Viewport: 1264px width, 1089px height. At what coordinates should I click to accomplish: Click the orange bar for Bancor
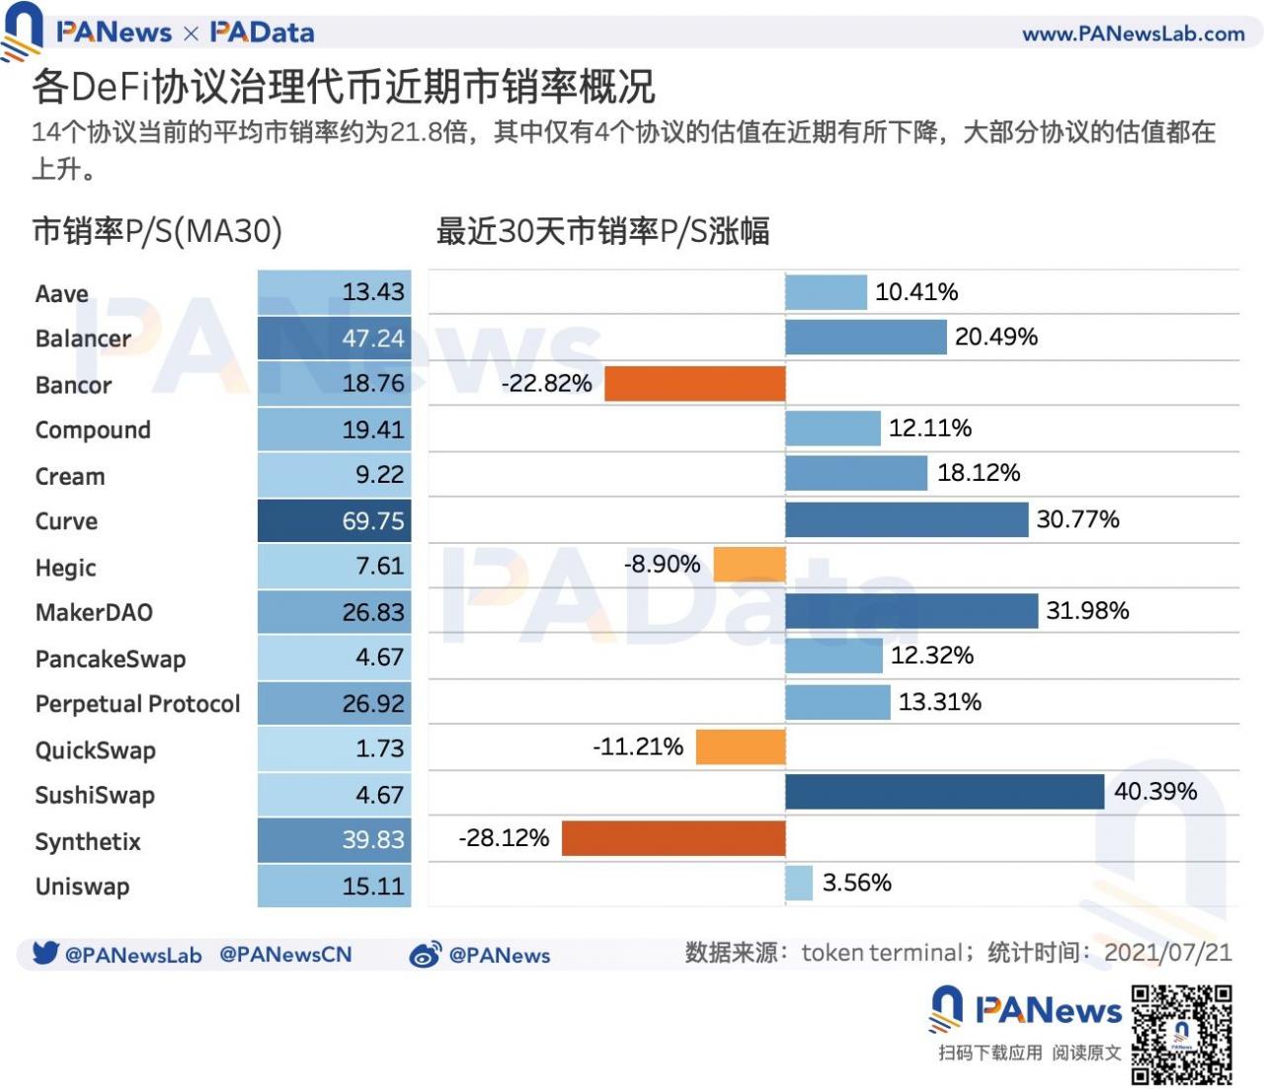click(694, 383)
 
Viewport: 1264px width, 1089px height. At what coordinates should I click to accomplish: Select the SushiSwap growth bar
click(944, 792)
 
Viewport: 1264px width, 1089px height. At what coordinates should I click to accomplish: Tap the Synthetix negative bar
click(673, 838)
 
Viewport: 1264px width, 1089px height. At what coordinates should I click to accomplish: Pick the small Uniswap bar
click(799, 883)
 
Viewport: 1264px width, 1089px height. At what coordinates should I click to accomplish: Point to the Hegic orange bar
click(750, 565)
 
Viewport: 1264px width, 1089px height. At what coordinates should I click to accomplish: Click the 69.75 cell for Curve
click(335, 520)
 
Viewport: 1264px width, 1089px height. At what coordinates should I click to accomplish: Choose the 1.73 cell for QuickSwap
click(335, 748)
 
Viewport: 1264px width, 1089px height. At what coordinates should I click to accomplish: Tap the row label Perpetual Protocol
click(137, 704)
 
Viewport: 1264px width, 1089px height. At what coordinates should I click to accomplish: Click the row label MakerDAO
click(94, 612)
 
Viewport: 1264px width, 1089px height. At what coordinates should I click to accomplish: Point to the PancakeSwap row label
click(110, 659)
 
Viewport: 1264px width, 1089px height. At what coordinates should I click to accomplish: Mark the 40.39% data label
click(1155, 792)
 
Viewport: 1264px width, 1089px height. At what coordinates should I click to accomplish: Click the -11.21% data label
click(638, 746)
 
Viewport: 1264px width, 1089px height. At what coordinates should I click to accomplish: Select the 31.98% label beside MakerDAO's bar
click(1087, 610)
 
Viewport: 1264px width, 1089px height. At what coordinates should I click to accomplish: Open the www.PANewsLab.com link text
click(1133, 34)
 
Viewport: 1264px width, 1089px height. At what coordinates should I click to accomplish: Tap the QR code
click(1181, 1034)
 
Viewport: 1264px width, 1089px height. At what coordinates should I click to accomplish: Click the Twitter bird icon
click(44, 953)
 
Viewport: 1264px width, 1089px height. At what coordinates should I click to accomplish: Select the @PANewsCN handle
click(285, 955)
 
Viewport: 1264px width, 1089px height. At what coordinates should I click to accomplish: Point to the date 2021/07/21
click(1167, 953)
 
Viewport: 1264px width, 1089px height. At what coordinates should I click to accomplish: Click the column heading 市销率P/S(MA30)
click(157, 231)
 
